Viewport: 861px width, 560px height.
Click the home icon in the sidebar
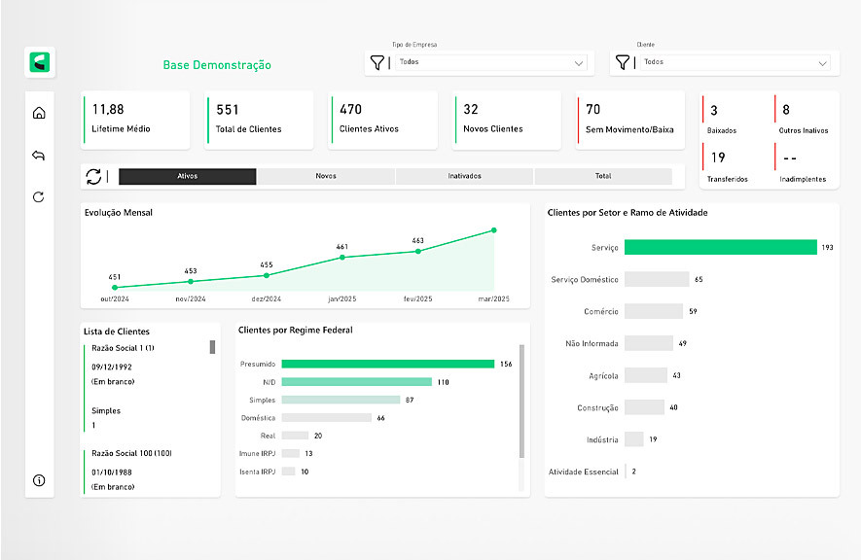(x=39, y=113)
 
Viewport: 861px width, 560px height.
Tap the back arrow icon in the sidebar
(x=39, y=156)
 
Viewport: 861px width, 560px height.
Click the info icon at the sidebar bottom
(x=39, y=480)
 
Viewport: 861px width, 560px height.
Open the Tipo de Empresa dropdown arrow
(x=580, y=63)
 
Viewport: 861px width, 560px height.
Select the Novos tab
(x=326, y=176)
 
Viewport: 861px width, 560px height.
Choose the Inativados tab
(x=464, y=176)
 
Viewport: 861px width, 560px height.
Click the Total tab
(x=603, y=176)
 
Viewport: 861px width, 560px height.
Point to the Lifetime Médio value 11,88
(x=108, y=110)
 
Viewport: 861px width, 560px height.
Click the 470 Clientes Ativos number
(x=350, y=110)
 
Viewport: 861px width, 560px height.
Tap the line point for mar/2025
(x=494, y=230)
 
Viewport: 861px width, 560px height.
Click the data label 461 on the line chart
(x=342, y=247)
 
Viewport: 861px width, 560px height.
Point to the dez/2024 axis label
(x=266, y=299)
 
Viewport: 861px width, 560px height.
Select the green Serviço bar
(x=720, y=247)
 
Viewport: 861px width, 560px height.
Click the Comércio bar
(x=654, y=311)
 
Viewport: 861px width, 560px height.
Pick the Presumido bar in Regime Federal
(x=387, y=364)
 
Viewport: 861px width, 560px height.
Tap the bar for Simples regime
(x=341, y=400)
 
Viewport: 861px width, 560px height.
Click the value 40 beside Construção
(x=673, y=407)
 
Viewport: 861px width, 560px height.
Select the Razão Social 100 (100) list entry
(x=132, y=453)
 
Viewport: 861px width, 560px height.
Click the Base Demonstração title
(x=217, y=66)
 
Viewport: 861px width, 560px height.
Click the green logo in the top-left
(x=40, y=62)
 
